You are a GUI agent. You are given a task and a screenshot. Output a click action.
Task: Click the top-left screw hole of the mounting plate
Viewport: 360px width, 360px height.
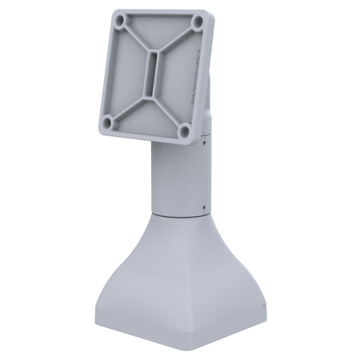tap(120, 18)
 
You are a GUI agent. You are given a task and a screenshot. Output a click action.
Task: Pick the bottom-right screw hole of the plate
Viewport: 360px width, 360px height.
tap(184, 130)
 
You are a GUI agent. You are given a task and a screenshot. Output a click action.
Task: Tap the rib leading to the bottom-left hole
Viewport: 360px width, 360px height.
tap(122, 103)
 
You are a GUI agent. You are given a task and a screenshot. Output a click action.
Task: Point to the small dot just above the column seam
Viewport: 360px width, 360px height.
tap(206, 206)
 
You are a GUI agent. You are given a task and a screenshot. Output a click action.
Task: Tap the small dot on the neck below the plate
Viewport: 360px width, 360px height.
tap(206, 145)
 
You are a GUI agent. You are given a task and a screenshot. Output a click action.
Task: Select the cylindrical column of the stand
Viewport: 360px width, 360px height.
tap(178, 180)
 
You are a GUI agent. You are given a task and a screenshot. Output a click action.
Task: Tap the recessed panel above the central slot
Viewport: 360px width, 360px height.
tap(161, 36)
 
